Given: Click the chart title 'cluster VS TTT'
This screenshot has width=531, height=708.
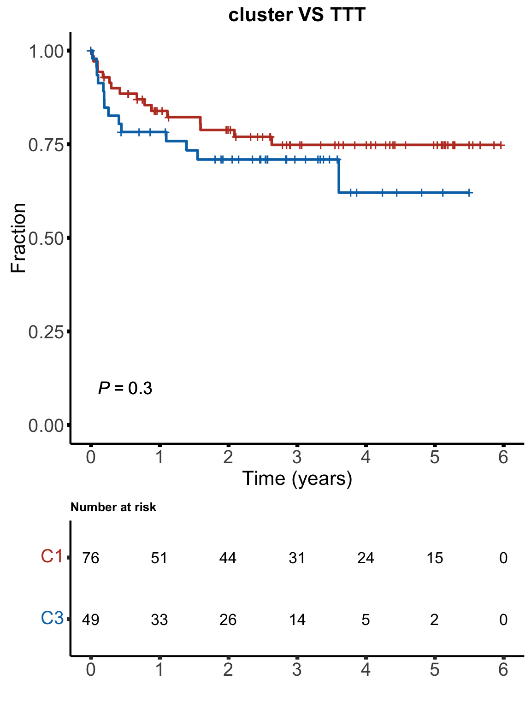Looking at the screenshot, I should tap(296, 15).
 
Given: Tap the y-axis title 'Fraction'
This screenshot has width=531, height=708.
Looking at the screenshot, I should tap(18, 238).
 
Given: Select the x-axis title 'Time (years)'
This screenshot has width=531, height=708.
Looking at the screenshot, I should tap(297, 478).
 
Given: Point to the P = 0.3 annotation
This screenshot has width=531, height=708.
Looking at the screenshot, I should tap(125, 389).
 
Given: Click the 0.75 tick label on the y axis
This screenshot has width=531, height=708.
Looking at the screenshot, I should tap(46, 145).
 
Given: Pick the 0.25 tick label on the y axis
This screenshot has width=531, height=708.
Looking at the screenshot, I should tap(46, 332).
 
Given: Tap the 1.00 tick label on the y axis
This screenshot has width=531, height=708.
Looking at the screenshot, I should tap(46, 51).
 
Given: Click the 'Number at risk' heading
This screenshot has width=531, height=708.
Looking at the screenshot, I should tap(113, 507).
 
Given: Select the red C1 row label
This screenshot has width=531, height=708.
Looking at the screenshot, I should tap(52, 557).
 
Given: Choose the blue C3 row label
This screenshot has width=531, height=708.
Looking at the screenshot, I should tap(52, 619).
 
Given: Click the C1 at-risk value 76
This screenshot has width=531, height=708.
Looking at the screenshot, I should tap(91, 558).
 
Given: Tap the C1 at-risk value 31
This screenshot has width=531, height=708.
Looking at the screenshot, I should tap(297, 558).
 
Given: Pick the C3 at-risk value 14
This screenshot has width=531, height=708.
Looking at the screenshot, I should tap(297, 620).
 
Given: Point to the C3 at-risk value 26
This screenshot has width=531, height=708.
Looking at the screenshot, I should tap(228, 620).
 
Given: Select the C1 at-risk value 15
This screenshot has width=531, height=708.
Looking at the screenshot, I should tap(435, 558).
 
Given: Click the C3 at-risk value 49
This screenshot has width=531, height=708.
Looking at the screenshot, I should tap(91, 620).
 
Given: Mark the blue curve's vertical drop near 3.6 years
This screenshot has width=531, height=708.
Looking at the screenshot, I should tap(339, 176).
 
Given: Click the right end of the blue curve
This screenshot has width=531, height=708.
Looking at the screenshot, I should tap(471, 192).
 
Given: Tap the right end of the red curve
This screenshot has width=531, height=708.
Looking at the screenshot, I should tap(503, 145).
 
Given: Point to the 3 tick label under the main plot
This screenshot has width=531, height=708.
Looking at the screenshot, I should tap(297, 458).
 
